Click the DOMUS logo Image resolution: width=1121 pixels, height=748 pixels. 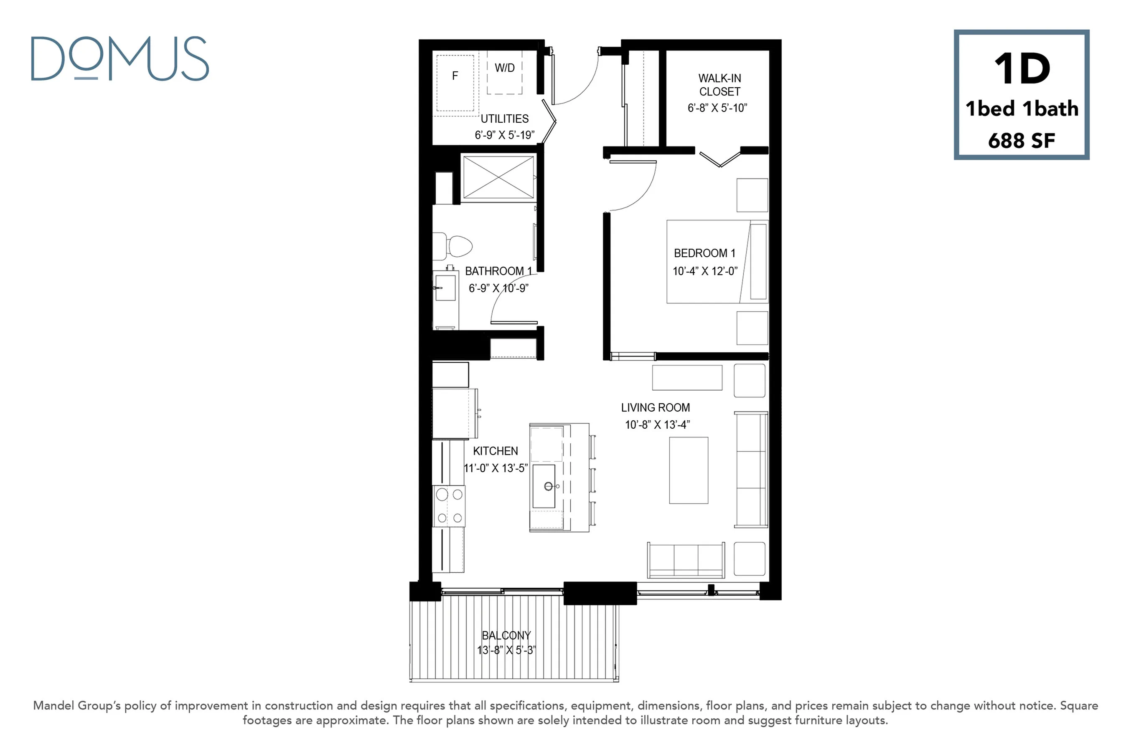[x=120, y=59]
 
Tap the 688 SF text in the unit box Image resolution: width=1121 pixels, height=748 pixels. [x=1021, y=141]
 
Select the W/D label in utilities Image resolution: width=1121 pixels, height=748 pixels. [x=505, y=68]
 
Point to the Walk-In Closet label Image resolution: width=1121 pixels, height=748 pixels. [x=719, y=85]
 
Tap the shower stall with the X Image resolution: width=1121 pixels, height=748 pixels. [x=498, y=177]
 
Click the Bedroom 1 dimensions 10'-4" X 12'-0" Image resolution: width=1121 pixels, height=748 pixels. [x=705, y=271]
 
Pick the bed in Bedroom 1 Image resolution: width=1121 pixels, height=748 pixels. [x=717, y=261]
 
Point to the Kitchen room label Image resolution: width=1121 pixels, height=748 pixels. [x=495, y=451]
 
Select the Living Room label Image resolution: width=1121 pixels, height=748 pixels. [x=656, y=407]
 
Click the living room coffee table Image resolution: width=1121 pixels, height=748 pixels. [x=689, y=470]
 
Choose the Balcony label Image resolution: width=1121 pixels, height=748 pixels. [x=506, y=635]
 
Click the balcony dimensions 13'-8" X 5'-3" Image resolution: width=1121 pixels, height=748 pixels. [x=506, y=650]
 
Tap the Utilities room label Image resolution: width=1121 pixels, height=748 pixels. [x=505, y=119]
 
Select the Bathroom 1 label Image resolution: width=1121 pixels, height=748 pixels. [x=498, y=271]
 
